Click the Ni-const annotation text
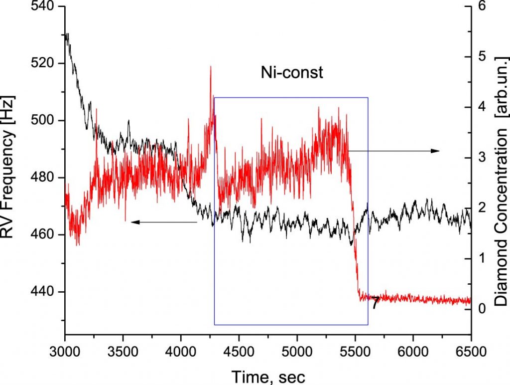pyautogui.click(x=292, y=73)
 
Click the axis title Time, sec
pyautogui.click(x=267, y=375)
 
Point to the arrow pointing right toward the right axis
pyautogui.click(x=393, y=151)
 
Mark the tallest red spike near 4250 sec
pyautogui.click(x=211, y=67)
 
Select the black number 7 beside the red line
pyautogui.click(x=375, y=303)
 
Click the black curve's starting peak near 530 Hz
pyautogui.click(x=67, y=34)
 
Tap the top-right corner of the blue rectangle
pyautogui.click(x=368, y=98)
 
